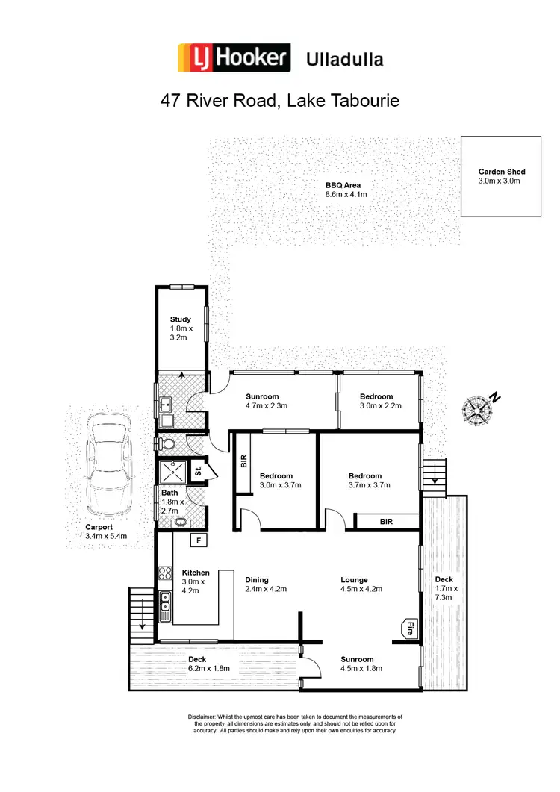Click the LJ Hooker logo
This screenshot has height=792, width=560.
233,58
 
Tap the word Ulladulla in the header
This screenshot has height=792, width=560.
345,59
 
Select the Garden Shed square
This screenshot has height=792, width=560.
500,176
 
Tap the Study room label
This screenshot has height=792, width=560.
181,319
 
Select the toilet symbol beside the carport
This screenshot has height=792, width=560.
168,443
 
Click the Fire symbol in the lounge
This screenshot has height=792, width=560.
409,629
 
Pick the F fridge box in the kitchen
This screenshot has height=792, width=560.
199,540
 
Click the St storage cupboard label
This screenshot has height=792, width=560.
198,472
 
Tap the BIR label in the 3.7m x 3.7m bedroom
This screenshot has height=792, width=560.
386,521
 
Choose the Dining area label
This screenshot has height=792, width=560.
258,579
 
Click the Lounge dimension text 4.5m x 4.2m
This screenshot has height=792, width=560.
361,589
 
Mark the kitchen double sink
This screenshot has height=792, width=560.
166,602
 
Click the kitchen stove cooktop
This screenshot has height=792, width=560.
165,575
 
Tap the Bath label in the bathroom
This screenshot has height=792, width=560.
170,493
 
